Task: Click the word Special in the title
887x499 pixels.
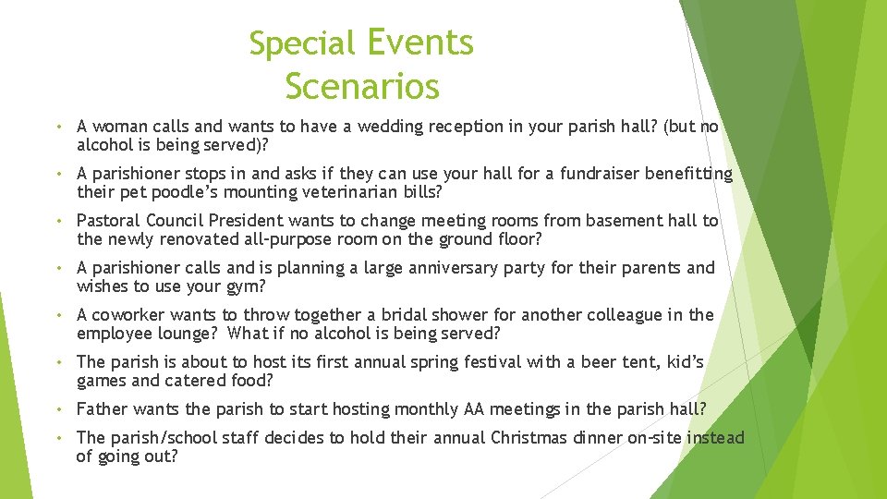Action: pyautogui.click(x=301, y=43)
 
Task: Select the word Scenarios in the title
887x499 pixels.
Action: pyautogui.click(x=361, y=87)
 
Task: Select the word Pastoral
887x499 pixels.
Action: pyautogui.click(x=107, y=221)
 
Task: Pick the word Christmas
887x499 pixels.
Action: pyautogui.click(x=541, y=438)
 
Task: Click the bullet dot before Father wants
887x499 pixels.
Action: pyautogui.click(x=57, y=409)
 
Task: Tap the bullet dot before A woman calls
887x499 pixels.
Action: pyautogui.click(x=57, y=127)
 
